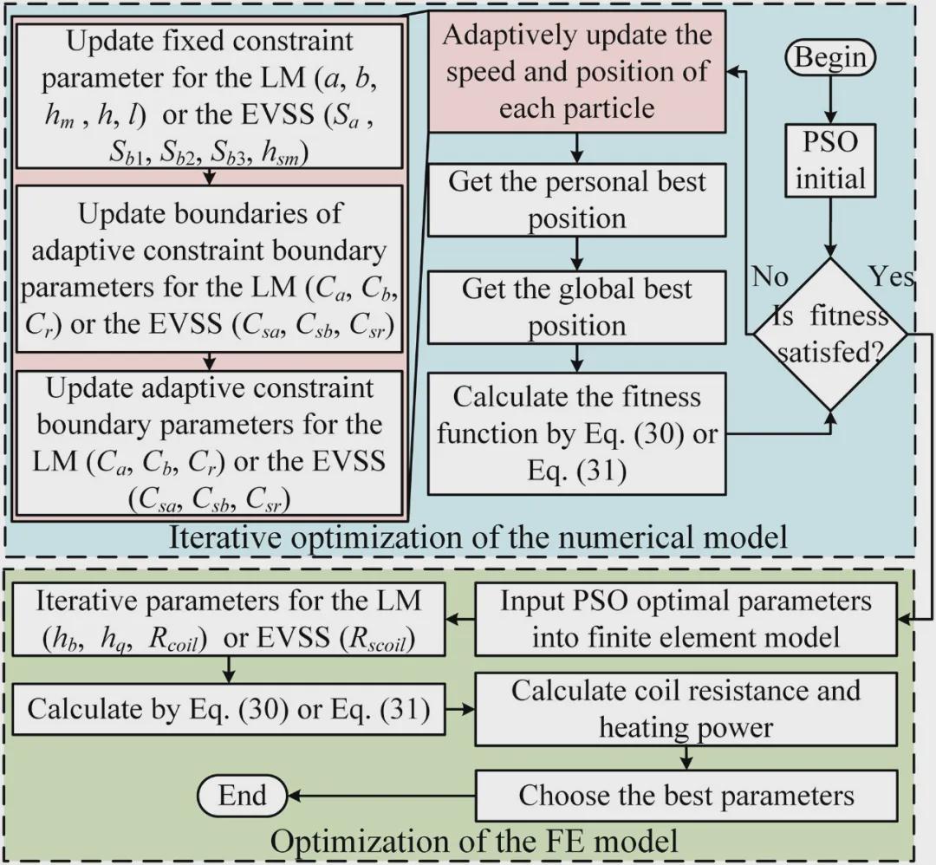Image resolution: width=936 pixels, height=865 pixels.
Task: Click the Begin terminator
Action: pos(830,58)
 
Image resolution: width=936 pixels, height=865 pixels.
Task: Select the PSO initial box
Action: pos(831,161)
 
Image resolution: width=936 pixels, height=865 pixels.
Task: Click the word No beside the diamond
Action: pos(769,277)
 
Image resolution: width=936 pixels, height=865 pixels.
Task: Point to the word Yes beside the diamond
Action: pos(891,277)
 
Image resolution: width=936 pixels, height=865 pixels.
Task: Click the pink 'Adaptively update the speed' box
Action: pos(577,73)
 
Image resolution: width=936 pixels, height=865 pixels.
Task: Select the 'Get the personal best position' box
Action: pos(577,199)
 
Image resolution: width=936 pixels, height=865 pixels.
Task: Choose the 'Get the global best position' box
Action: pos(577,307)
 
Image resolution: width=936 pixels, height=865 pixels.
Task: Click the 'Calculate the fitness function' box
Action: pos(577,433)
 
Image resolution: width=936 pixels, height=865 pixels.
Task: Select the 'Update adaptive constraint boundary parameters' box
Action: pos(209,442)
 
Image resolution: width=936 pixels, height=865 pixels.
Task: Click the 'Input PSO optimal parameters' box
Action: pos(686,619)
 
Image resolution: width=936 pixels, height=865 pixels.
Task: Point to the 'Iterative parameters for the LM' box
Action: pos(228,619)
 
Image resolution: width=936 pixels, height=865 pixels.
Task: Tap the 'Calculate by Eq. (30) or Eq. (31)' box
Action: pos(228,708)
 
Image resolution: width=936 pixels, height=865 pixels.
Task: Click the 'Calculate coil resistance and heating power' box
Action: pos(686,708)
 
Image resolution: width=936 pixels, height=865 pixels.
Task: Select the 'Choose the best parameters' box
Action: pos(686,795)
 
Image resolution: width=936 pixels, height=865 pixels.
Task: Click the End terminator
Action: pos(243,795)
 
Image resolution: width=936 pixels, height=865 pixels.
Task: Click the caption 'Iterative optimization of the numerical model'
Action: pos(478,537)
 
